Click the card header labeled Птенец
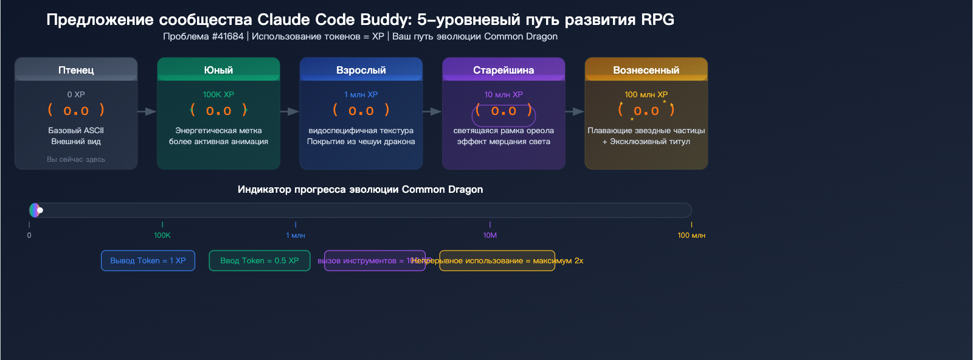coord(76,70)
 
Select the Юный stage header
coord(218,70)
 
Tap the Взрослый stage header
coord(361,70)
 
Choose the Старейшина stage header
coord(504,70)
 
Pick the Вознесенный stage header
coord(646,70)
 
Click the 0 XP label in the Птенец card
coord(76,94)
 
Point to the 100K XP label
coord(218,94)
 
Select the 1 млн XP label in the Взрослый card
coord(361,94)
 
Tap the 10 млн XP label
coord(504,94)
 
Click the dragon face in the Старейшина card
coord(504,111)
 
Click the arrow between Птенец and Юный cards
coord(147,111)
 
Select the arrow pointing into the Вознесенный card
coord(575,111)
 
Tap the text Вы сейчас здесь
coord(76,159)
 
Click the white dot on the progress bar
coord(40,210)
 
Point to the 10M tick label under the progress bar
coord(490,235)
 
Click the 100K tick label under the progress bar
coord(162,235)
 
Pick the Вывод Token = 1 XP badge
coord(148,260)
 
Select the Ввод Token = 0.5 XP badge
coord(260,260)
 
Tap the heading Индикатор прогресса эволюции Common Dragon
coord(360,189)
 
